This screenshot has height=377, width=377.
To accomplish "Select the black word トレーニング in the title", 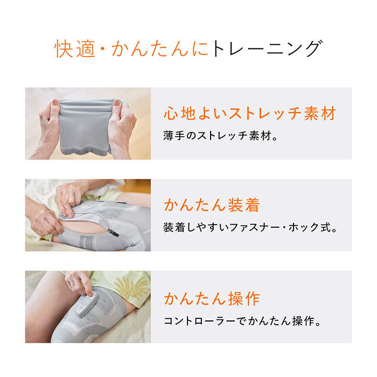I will click(x=266, y=48).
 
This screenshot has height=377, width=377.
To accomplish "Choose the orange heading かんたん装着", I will click(x=212, y=205).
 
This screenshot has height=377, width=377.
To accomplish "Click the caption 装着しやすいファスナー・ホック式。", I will click(x=250, y=227).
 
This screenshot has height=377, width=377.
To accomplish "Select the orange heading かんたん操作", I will click(x=212, y=298).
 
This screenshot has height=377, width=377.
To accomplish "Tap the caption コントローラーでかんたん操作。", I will click(x=242, y=322).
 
